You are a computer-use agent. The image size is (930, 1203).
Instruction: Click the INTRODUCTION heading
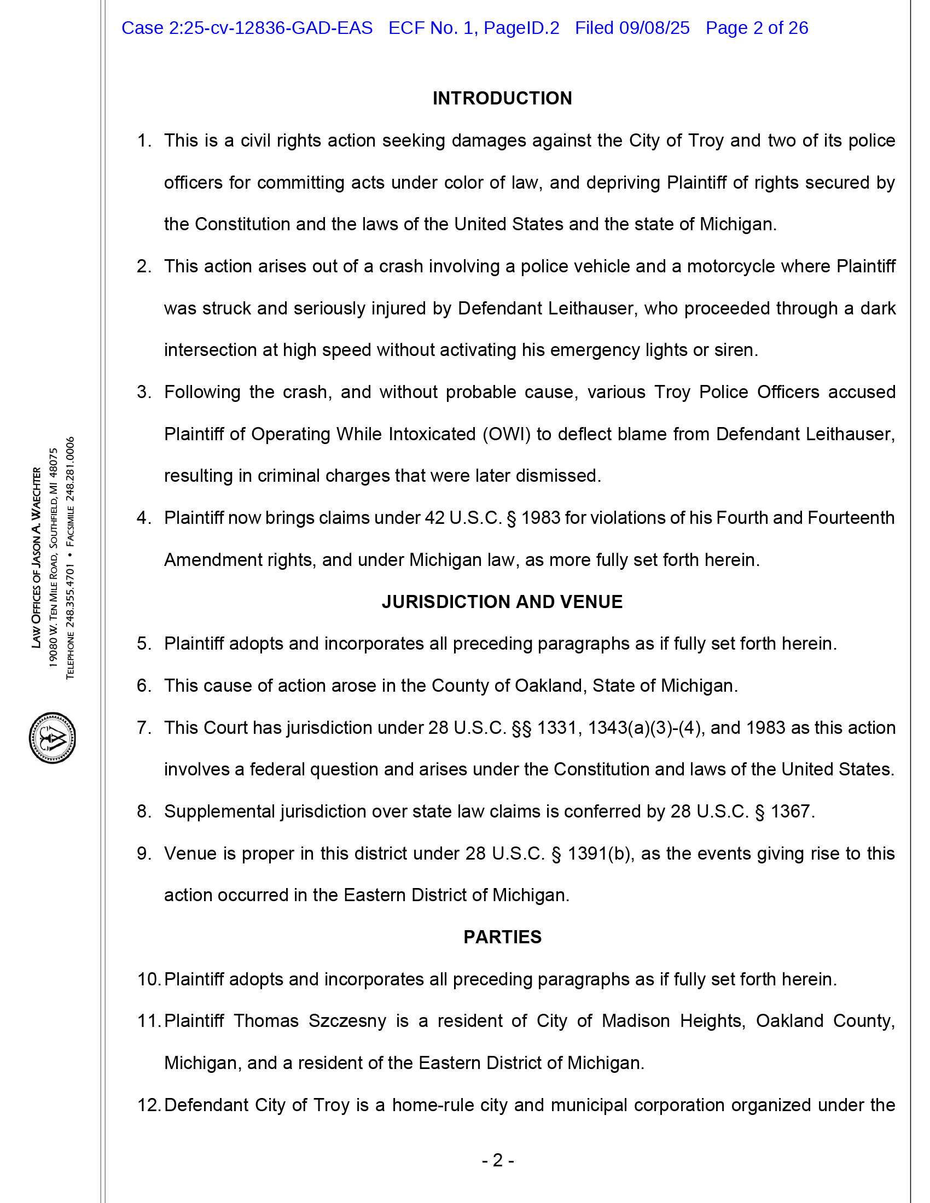(502, 98)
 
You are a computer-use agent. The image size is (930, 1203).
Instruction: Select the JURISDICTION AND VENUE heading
(502, 601)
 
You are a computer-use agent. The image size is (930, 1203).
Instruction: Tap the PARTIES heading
(502, 937)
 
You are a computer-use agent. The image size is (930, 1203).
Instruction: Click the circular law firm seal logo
(53, 738)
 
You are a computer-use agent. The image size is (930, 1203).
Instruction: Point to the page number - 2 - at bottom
(498, 1160)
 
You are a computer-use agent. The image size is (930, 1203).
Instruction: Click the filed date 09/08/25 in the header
(654, 28)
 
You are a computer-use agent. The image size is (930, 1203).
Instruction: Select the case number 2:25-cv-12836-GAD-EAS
(247, 28)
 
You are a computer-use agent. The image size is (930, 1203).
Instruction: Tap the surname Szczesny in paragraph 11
(347, 1021)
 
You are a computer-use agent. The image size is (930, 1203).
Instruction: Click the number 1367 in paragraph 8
(791, 811)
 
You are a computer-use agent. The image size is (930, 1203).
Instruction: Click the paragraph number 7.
(144, 728)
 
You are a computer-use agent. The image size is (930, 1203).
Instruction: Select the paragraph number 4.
(144, 518)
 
